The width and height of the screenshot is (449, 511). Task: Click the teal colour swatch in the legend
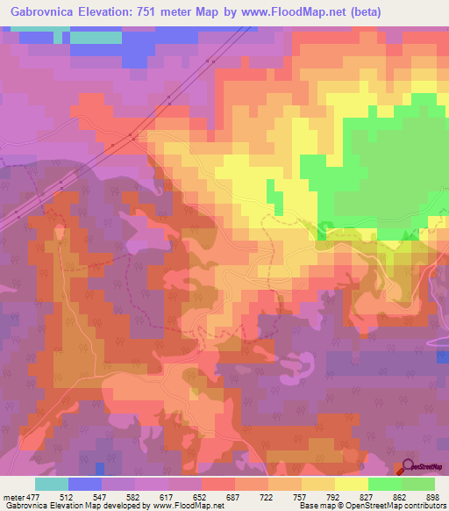point(52,484)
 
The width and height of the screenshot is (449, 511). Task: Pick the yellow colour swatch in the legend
point(351,484)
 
